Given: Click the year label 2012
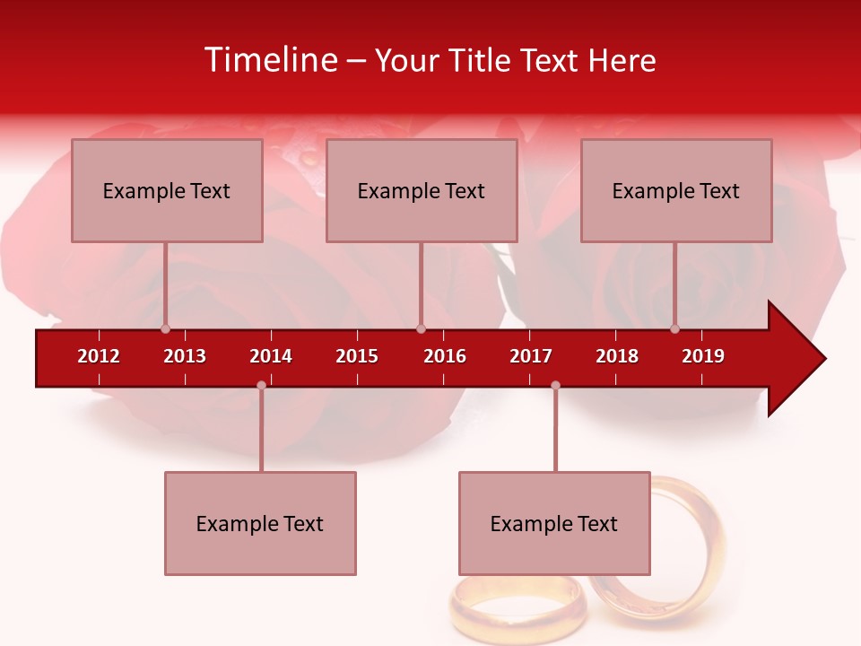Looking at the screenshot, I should (99, 356).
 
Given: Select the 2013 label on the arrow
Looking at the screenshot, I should (185, 356).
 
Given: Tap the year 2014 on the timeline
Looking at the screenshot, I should (271, 356).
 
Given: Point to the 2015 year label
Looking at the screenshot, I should (357, 356).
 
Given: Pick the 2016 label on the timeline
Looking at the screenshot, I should (445, 356).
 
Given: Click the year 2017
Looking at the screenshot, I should (531, 356).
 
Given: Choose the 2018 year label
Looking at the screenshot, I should (617, 356).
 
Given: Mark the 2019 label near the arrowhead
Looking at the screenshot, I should (703, 356).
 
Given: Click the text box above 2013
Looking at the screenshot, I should (167, 190).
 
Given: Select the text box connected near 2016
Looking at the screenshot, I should (422, 190).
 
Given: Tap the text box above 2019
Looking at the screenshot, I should (676, 190).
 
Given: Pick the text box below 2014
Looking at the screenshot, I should (260, 523).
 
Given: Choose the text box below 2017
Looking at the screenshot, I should (554, 523).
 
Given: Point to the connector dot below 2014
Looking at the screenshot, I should (261, 386).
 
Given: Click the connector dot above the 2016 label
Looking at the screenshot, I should (421, 328).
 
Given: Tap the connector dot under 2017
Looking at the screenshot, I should (555, 386).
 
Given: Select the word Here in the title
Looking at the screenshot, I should (622, 60).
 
